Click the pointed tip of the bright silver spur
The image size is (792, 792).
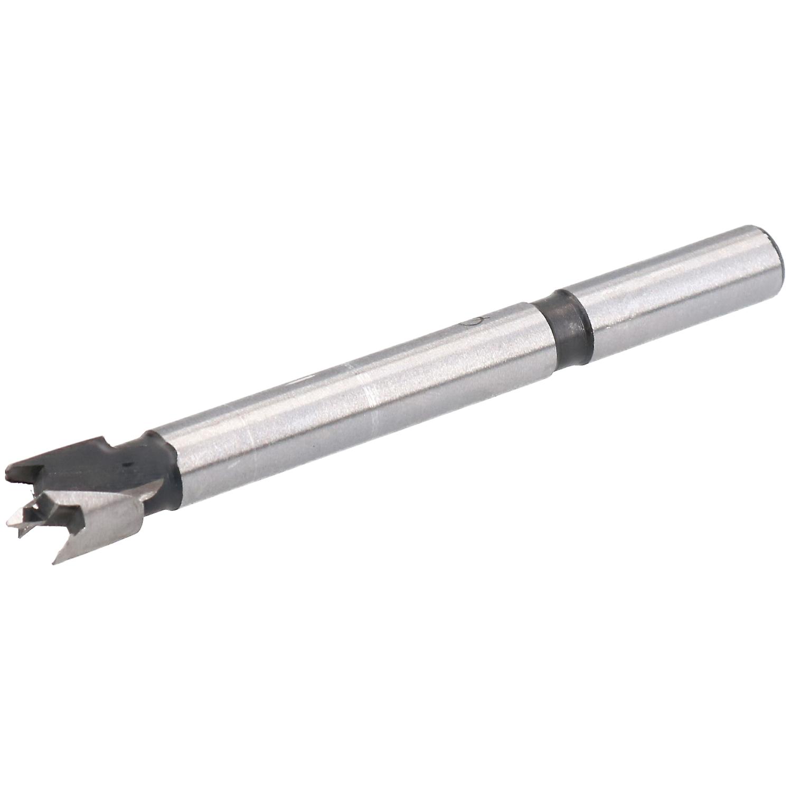pyautogui.click(x=54, y=563)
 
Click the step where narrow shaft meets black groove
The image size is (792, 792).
pyautogui.click(x=544, y=338)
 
